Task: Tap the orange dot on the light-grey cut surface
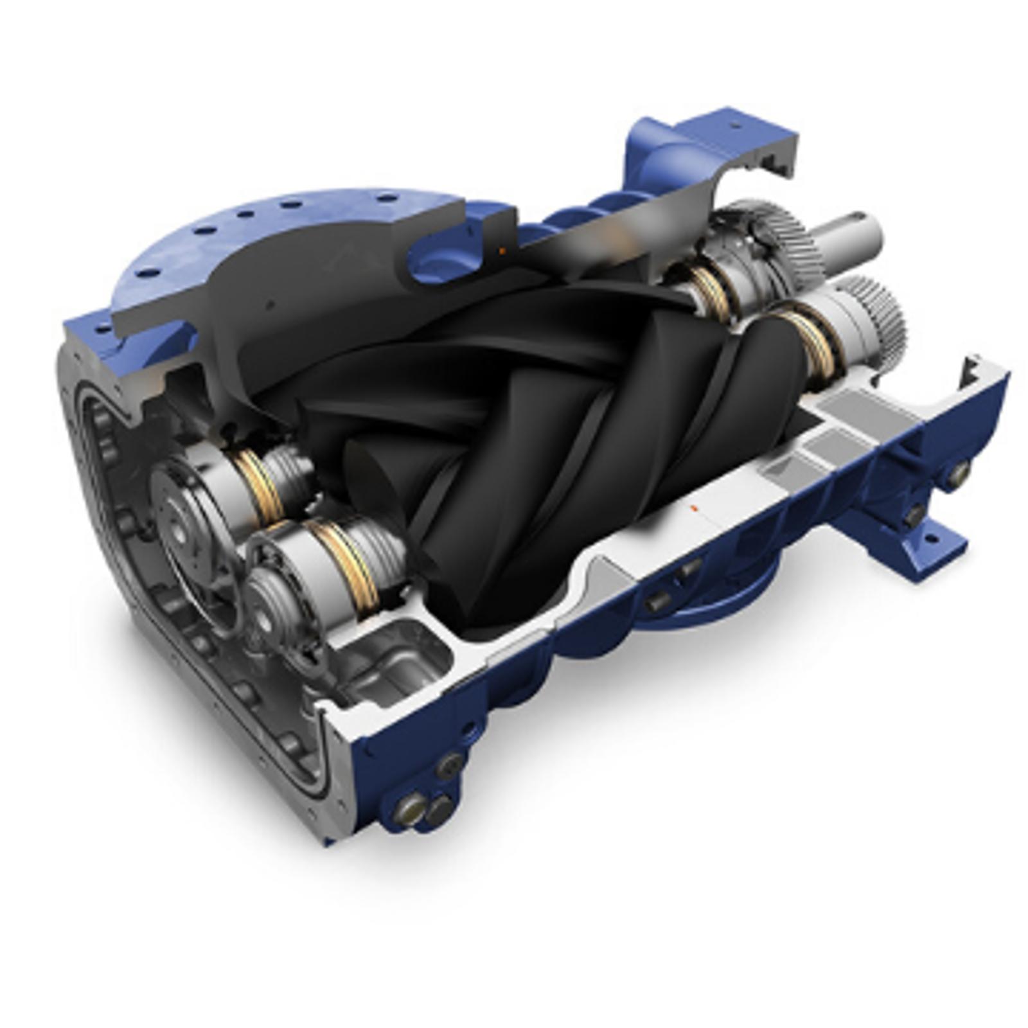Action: [693, 508]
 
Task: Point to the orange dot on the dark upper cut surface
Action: [503, 250]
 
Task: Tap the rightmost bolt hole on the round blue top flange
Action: [385, 197]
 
